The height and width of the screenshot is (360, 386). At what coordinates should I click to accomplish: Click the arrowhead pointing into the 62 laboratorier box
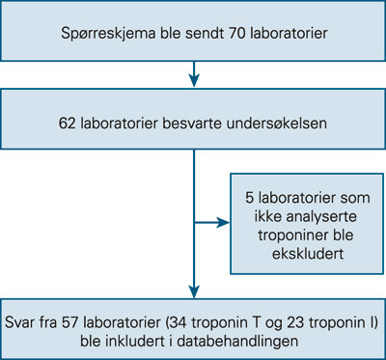point(194,82)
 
